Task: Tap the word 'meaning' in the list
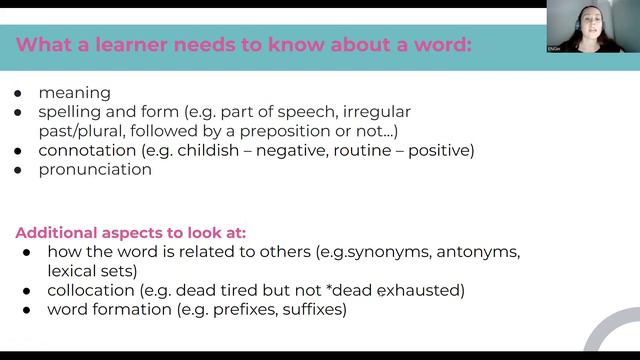[74, 93]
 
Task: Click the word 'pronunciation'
[95, 169]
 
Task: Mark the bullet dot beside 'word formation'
[27, 310]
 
